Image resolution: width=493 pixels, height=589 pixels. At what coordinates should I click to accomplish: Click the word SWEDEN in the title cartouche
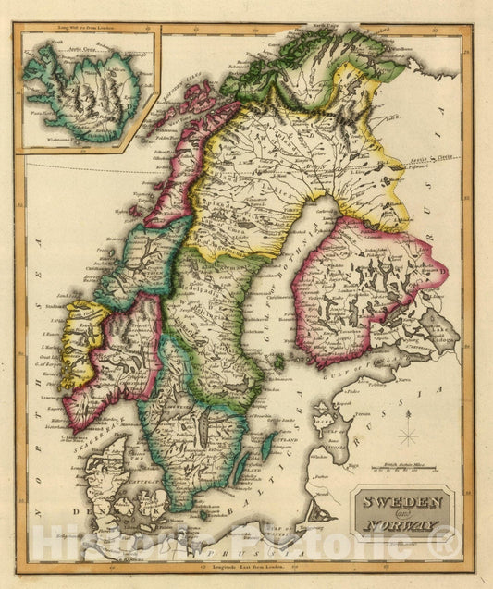tap(405, 504)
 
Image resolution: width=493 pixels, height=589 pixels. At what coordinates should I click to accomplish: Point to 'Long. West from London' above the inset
tap(88, 31)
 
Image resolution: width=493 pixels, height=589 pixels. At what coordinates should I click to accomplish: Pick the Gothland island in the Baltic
tap(268, 447)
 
